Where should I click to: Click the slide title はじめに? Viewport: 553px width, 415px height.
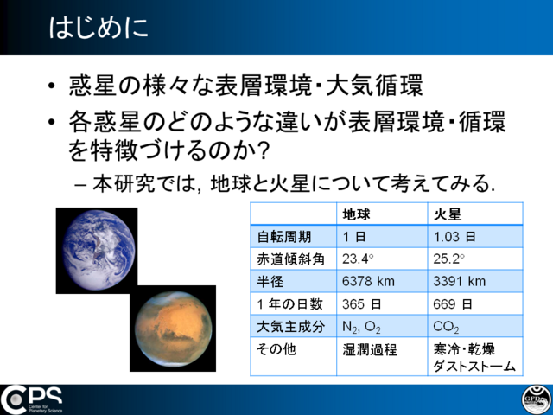[99, 28]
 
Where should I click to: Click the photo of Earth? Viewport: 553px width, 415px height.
[97, 251]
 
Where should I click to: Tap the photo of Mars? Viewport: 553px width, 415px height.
[173, 329]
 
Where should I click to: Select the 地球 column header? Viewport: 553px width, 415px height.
[356, 214]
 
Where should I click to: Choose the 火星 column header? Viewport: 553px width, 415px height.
[448, 214]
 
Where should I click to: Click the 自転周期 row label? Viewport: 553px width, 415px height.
[284, 237]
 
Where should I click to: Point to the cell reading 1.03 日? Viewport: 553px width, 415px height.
[454, 237]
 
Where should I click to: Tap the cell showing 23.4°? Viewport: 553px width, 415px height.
[358, 259]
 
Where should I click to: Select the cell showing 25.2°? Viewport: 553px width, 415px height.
[449, 259]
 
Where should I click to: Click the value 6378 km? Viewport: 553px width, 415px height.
[368, 281]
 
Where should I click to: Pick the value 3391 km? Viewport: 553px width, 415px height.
[459, 281]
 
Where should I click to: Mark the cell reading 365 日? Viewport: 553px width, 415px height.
[361, 303]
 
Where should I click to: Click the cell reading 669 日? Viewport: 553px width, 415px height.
[453, 303]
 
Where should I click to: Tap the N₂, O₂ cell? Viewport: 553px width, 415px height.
[361, 327]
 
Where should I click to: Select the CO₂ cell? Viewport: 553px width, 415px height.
[446, 327]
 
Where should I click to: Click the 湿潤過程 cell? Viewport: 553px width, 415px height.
[370, 349]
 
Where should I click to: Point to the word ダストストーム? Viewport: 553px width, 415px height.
[474, 366]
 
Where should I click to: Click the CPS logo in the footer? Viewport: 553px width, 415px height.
[31, 399]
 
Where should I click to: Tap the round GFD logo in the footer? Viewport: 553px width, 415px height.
[537, 399]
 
